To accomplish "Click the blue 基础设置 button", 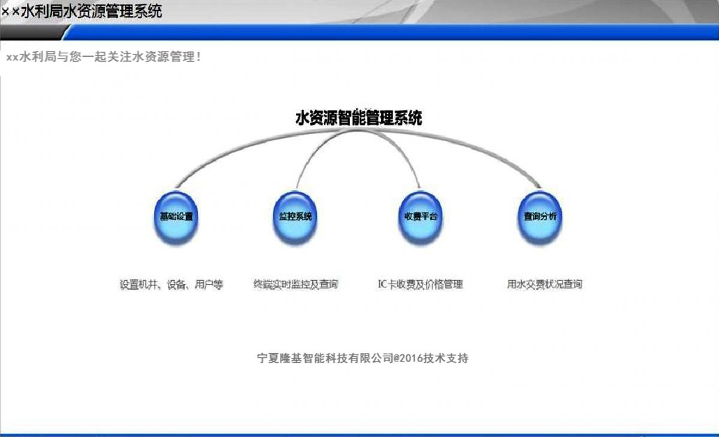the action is tap(176, 217).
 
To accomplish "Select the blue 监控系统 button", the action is tap(295, 217).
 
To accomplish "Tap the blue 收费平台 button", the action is tap(421, 217).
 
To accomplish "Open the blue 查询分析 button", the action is tap(540, 217).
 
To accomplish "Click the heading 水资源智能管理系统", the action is tap(358, 118).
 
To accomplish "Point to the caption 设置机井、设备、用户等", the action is tap(171, 284).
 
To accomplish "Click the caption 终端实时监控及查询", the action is tap(295, 284).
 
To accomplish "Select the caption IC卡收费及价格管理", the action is tap(421, 284).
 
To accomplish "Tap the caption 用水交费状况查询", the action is tap(545, 284).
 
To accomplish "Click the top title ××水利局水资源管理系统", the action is tap(81, 11).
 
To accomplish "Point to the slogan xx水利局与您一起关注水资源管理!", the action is tap(104, 57).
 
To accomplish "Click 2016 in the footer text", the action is tap(411, 358).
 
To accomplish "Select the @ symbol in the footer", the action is tap(396, 358).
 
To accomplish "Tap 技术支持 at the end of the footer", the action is tap(446, 358).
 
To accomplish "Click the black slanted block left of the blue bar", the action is tap(32, 32).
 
